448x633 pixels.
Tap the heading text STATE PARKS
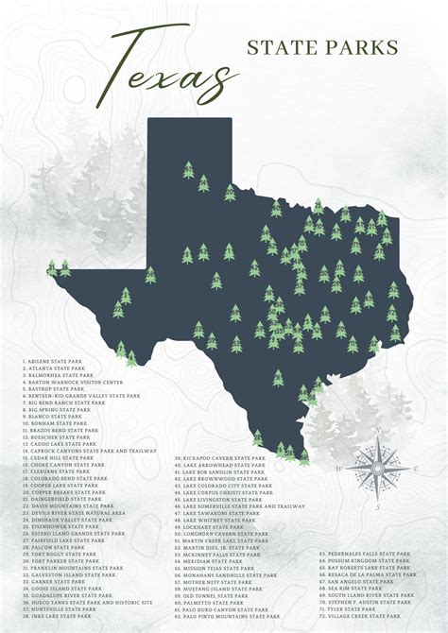(x=322, y=46)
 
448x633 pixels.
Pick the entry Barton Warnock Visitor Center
(x=72, y=382)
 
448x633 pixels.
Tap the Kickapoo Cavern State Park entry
(x=218, y=457)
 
